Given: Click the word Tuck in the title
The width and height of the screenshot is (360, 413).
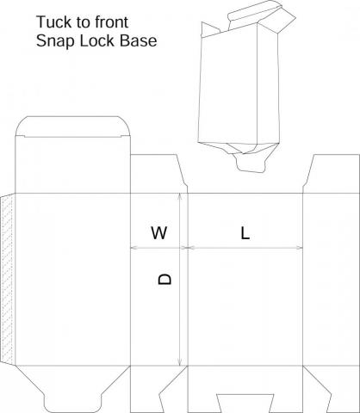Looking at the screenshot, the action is (x=54, y=22).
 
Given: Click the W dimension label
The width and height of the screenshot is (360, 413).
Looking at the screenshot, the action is (x=159, y=232).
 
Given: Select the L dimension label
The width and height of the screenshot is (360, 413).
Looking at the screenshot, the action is (x=245, y=233).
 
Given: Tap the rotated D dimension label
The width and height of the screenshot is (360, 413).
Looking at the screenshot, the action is (x=165, y=279).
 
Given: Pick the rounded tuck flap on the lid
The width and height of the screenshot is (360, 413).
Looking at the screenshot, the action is (x=72, y=126).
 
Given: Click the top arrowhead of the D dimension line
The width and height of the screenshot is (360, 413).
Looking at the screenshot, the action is (x=180, y=196).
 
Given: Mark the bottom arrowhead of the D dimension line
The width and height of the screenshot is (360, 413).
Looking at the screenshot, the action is (x=180, y=362).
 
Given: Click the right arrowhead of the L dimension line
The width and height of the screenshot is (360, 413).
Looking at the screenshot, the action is (x=300, y=248).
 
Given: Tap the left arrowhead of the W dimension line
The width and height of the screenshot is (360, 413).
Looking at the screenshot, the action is (x=134, y=248).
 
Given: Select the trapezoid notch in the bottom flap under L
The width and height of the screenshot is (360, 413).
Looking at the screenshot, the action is (x=245, y=404).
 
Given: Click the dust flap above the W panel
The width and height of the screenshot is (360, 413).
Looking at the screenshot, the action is (x=158, y=174).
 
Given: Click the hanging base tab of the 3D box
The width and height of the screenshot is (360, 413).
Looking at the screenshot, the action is (x=250, y=163).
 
